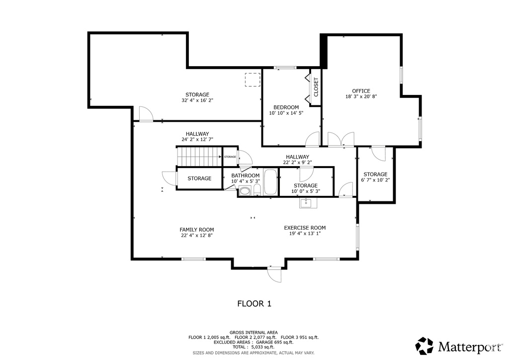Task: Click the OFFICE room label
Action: click(x=361, y=91)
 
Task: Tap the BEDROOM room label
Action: click(x=286, y=107)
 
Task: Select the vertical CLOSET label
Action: click(x=316, y=87)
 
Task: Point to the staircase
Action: click(x=199, y=157)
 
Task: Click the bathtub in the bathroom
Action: click(x=270, y=182)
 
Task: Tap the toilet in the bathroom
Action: click(x=257, y=190)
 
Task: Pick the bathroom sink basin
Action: click(x=245, y=191)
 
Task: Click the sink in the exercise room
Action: click(x=306, y=203)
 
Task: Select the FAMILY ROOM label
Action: click(x=197, y=230)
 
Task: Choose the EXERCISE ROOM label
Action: click(x=305, y=228)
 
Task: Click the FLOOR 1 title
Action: click(x=254, y=304)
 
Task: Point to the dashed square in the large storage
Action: click(x=252, y=80)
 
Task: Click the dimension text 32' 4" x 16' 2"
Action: click(x=197, y=100)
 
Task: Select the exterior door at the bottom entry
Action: click(x=274, y=274)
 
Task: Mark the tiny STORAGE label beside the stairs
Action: click(x=230, y=157)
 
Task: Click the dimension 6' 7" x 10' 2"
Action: click(x=375, y=180)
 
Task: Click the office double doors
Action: click(x=340, y=139)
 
